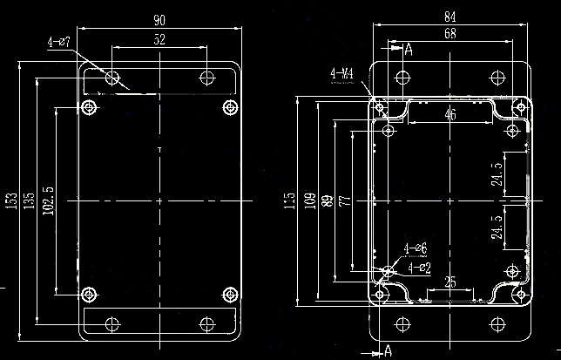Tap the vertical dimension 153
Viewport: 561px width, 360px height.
click(10, 200)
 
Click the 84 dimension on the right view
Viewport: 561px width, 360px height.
click(449, 16)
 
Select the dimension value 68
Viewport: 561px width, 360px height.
click(449, 34)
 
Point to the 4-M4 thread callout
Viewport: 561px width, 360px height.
click(341, 73)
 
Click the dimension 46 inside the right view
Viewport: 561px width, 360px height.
click(450, 115)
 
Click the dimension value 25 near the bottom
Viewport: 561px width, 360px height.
click(450, 282)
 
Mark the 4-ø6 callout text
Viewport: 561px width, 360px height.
click(416, 249)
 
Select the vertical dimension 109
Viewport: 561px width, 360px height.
click(308, 200)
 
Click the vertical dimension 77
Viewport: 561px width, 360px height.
click(344, 200)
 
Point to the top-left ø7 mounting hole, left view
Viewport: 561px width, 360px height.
click(112, 78)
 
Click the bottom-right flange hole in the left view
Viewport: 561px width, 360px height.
click(206, 323)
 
